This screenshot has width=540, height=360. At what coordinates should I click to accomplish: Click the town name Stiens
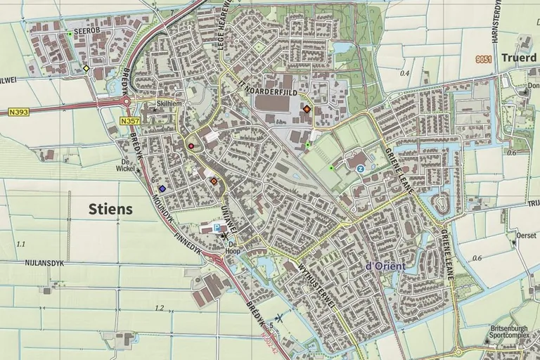coord(111,209)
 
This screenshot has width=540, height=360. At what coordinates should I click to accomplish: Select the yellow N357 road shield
coord(129,122)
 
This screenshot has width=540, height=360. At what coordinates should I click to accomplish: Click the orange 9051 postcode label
coord(482,60)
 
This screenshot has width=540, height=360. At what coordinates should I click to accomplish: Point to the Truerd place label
coord(519,58)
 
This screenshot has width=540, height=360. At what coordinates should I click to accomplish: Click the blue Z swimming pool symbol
coord(360,169)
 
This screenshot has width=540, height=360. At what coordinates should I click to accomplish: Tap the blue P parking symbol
coord(217,229)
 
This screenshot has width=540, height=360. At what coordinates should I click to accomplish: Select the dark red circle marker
coord(191,146)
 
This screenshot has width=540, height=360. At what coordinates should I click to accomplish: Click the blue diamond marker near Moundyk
coord(162,188)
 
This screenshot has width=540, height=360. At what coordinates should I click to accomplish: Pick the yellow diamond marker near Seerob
coord(86,68)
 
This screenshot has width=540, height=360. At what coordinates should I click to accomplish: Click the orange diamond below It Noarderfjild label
coord(307,108)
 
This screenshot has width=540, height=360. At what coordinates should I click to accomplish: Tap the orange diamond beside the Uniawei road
coord(214,181)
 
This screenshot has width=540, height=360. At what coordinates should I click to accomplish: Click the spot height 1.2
coord(159,308)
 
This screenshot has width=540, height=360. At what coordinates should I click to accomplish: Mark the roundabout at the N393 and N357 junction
coord(128,101)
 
